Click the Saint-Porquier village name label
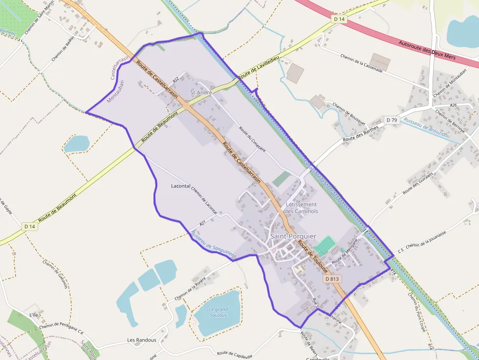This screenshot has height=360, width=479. click(x=293, y=236)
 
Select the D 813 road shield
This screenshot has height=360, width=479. click(x=332, y=279)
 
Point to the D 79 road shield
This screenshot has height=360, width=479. click(x=392, y=120)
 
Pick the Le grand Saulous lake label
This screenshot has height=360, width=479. click(x=218, y=312)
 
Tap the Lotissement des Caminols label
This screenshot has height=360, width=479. click(x=301, y=208)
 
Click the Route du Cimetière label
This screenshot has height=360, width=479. click(x=252, y=139)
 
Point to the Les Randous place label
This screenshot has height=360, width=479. click(x=142, y=340)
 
